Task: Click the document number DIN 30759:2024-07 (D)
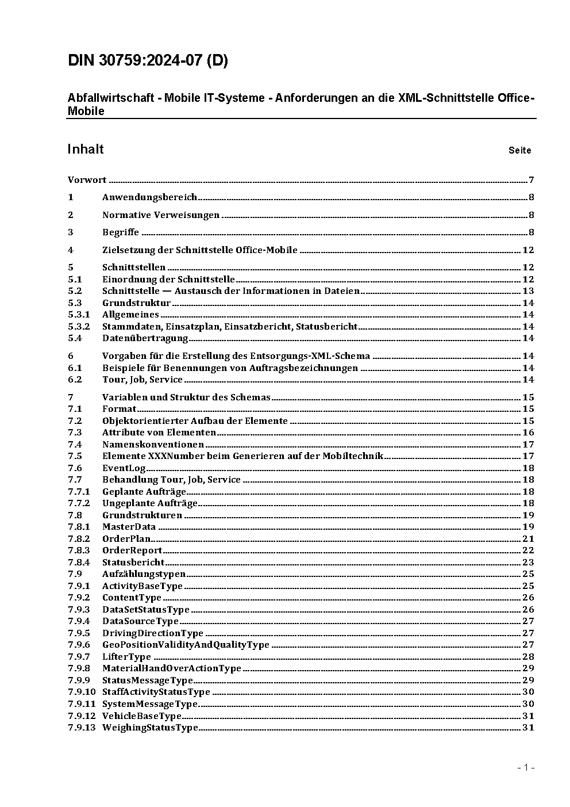[148, 60]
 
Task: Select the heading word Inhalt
[86, 150]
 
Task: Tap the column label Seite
[519, 151]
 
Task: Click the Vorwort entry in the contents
[87, 180]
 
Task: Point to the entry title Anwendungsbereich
[149, 197]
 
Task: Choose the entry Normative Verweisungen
[161, 215]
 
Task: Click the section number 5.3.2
[79, 327]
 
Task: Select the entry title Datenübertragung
[145, 338]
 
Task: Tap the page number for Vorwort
[532, 180]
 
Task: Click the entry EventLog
[124, 468]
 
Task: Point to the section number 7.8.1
[79, 527]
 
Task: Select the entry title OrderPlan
[126, 539]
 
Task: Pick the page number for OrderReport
[528, 550]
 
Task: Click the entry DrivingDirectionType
[153, 633]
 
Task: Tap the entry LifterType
[126, 657]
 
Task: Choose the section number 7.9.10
[82, 692]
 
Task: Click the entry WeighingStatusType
[150, 728]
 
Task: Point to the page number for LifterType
[528, 657]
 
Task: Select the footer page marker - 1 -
[525, 767]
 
